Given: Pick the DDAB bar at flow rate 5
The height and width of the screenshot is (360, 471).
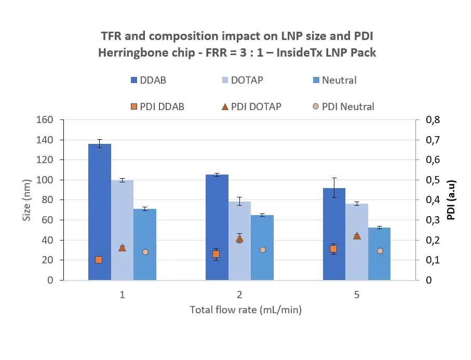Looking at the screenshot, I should tap(334, 234).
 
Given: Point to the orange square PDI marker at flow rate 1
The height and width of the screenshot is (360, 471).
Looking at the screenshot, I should tap(99, 260).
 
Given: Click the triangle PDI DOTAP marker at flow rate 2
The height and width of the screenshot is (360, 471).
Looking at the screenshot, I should tap(239, 238).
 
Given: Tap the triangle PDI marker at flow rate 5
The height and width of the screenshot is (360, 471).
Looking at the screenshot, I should tap(357, 236).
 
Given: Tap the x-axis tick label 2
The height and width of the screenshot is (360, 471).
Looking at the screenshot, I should tap(239, 295).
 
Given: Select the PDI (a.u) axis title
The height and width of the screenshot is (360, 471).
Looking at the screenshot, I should tap(451, 200).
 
